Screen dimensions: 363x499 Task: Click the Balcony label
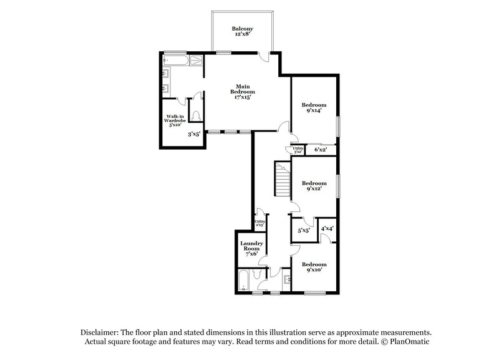pos(241,31)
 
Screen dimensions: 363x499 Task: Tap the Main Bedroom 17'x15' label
pos(242,92)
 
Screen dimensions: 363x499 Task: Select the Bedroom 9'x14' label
pos(314,108)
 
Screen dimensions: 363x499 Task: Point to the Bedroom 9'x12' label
pos(314,186)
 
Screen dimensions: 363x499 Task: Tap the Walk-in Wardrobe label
pos(175,120)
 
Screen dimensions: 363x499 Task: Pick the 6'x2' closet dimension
pos(321,150)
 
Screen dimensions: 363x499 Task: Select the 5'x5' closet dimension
pos(304,231)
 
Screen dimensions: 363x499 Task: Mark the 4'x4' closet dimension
pos(327,228)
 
